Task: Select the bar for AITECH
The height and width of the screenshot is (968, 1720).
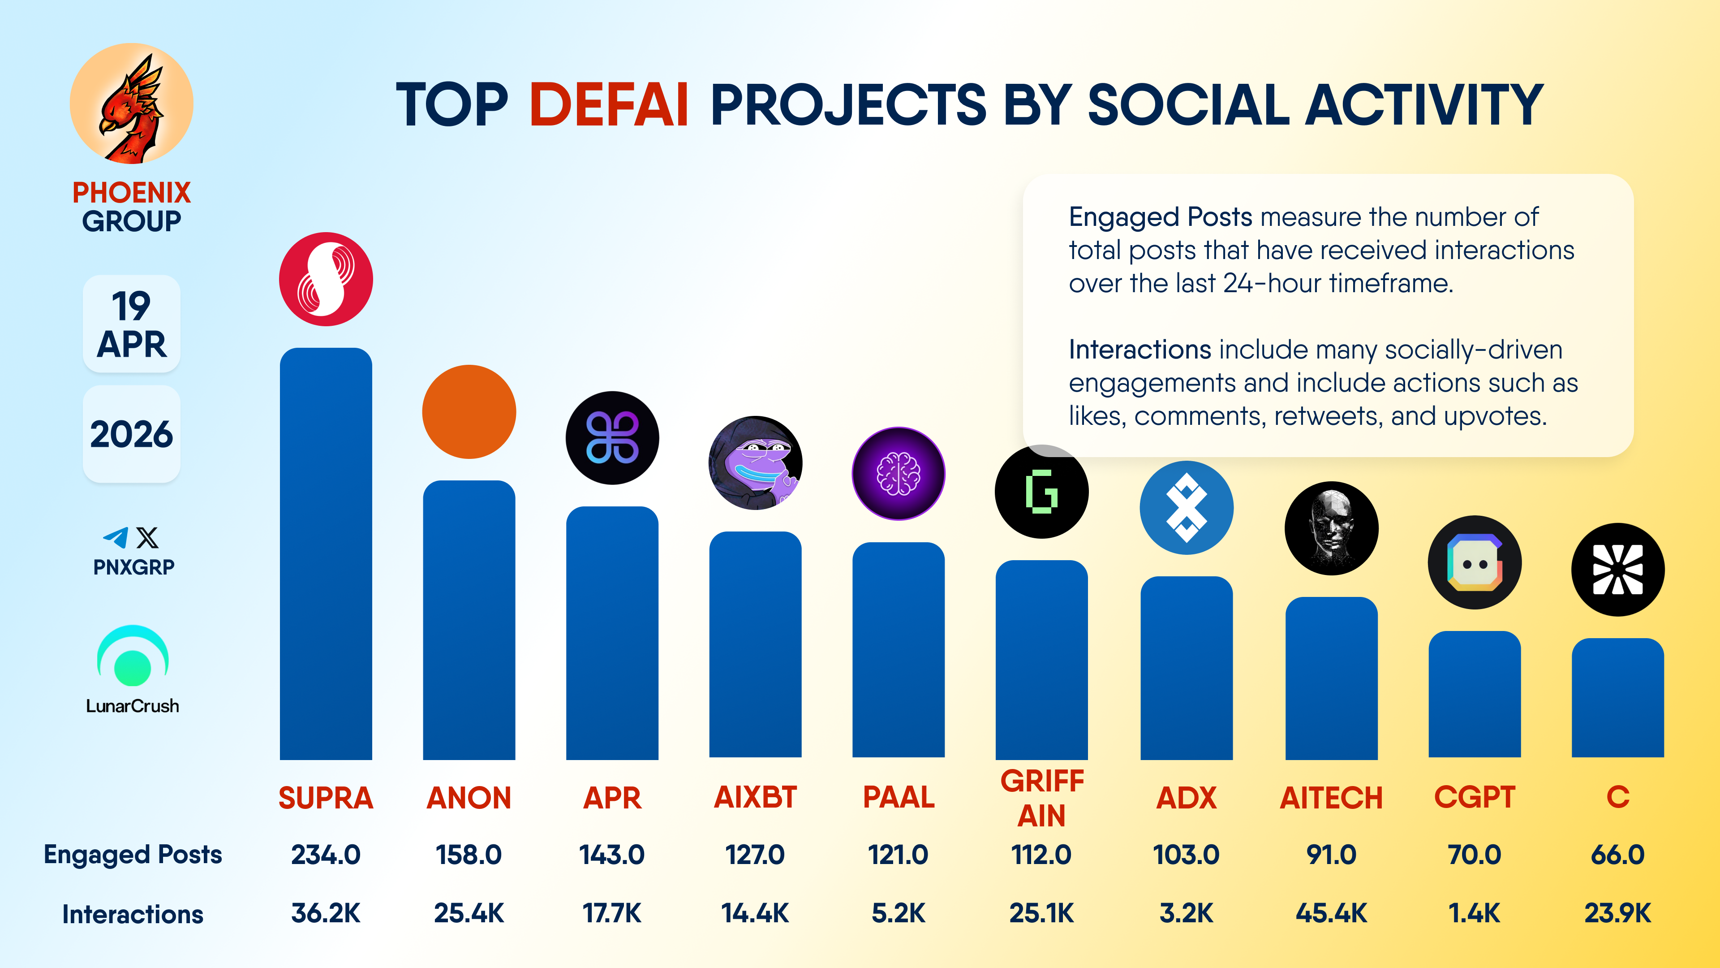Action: (x=1331, y=678)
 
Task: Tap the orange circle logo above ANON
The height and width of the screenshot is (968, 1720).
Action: (x=469, y=411)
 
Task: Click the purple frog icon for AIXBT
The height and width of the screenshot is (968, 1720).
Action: (x=755, y=463)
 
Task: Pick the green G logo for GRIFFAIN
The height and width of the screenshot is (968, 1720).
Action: (x=1041, y=492)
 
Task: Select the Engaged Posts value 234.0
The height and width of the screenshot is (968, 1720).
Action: (x=326, y=855)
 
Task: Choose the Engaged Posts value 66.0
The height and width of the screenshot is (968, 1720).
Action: (x=1617, y=855)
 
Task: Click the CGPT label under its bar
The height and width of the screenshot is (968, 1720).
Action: (x=1474, y=797)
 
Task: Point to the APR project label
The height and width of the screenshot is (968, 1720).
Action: (x=611, y=797)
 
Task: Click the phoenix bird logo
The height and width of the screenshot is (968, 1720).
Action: (x=132, y=104)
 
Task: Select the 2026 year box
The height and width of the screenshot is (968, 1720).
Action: (x=132, y=434)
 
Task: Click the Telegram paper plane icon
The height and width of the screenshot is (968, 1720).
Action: (x=116, y=537)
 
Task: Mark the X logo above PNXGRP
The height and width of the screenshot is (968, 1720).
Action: (x=147, y=537)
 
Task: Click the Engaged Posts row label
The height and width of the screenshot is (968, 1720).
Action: (x=133, y=855)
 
